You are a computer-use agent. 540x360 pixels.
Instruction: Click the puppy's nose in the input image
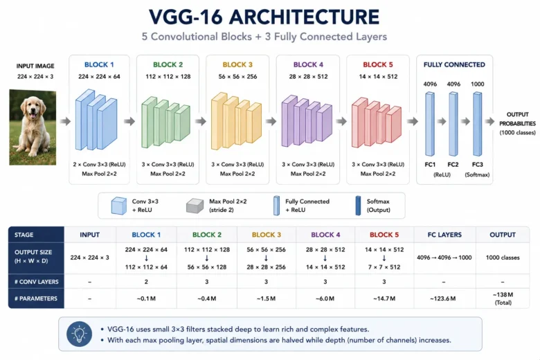pos(33,111)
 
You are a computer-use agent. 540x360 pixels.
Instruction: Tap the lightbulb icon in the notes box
pos(79,334)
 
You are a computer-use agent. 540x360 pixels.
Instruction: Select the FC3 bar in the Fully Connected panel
pos(477,124)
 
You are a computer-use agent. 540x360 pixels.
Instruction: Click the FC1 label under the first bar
pos(430,165)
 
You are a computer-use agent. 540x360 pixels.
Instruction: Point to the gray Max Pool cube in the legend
pos(195,206)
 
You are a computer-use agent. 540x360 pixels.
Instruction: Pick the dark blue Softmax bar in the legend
pos(358,206)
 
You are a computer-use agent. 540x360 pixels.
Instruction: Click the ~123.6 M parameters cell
pos(443,298)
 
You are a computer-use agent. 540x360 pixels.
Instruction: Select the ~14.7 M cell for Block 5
pos(384,298)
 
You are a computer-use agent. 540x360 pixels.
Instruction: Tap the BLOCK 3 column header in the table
pos(267,235)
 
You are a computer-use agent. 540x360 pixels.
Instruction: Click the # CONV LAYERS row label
pos(37,282)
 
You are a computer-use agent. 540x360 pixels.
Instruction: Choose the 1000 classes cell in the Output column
pos(503,258)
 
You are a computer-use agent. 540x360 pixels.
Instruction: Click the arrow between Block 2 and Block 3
pos(201,121)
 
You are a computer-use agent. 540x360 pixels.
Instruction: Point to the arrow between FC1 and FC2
pos(442,121)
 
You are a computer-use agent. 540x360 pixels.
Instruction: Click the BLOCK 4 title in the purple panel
pos(308,65)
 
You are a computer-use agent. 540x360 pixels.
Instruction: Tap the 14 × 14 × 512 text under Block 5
pos(378,76)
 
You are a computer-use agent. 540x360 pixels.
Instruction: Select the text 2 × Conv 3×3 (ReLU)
pos(99,165)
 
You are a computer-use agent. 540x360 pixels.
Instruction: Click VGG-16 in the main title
pos(186,17)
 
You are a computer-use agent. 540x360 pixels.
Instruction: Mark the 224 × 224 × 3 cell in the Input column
pos(89,258)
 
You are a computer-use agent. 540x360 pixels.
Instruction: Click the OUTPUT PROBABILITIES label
pos(517,119)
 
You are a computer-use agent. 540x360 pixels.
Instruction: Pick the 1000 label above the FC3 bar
pos(477,84)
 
